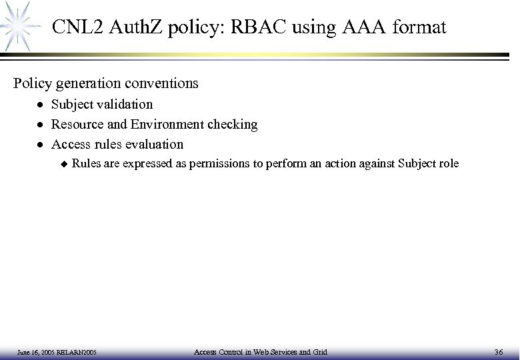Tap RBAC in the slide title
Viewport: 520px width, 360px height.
coord(253,28)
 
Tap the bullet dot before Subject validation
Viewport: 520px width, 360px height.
coord(41,105)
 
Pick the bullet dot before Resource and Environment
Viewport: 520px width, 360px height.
coord(41,125)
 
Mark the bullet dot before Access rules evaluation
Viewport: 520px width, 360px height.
coord(41,145)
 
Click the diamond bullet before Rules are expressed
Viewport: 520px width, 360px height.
coord(64,163)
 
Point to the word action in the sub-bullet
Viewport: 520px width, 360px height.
coord(345,163)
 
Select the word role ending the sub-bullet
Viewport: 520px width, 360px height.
coord(447,163)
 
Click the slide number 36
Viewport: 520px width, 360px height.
coord(499,351)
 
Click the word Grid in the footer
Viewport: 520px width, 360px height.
coord(320,351)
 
